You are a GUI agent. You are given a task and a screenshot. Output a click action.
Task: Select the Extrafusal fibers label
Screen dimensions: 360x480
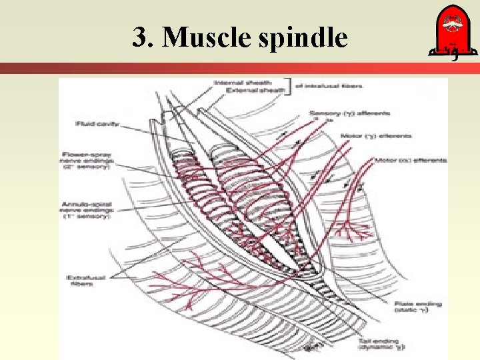point(80,280)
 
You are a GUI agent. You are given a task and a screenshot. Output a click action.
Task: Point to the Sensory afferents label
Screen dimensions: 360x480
point(349,114)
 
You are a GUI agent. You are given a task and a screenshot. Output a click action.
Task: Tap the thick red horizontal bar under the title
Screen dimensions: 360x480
point(240,68)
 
